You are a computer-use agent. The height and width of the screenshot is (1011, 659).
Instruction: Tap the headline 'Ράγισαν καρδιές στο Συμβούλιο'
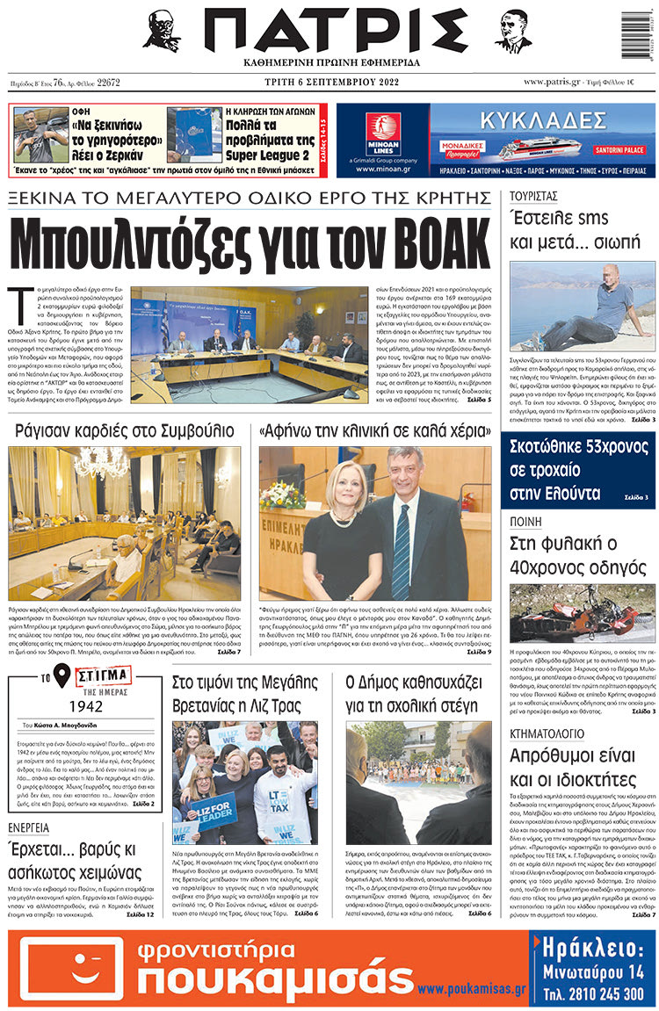pyautogui.click(x=125, y=430)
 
